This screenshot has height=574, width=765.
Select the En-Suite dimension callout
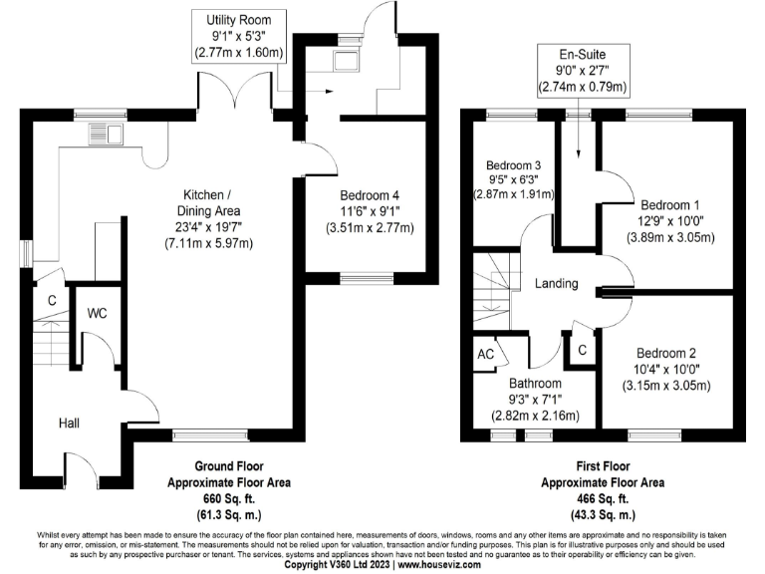point(583,71)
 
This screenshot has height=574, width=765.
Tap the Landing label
point(556,284)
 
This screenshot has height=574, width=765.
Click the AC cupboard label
point(486,354)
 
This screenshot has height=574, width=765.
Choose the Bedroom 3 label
point(513,165)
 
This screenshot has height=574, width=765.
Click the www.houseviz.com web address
point(438,565)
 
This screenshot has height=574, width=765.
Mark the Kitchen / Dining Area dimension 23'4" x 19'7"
point(210,227)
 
